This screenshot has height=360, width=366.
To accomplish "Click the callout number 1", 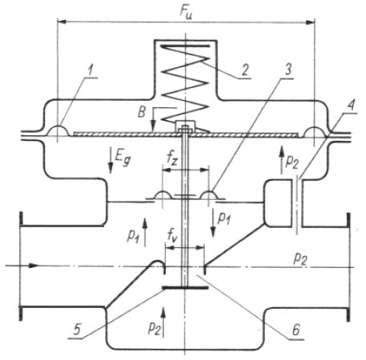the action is coord(90,70).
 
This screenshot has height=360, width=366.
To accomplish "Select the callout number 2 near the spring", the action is coord(244,70).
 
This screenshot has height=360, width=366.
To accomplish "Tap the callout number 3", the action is coord(288,70).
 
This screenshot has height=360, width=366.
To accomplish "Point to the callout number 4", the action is coord(352,106).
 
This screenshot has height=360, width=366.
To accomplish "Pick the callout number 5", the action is coord(77,330).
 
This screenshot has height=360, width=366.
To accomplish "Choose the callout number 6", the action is coord(296,330).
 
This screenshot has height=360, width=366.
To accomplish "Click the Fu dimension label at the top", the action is coord(186,12).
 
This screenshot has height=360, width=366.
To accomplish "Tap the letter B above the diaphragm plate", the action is coord(142,112).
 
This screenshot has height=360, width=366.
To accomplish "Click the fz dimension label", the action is coord(172,158).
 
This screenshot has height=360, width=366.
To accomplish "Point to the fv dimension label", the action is coord(172,235).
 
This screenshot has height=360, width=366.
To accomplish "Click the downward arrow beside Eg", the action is coord(111,160).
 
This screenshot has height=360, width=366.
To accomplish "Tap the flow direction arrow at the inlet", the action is coord(22,266).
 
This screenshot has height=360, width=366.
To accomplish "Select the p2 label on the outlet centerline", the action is coord(300,258).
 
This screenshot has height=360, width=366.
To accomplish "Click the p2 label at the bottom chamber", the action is coord(155,328).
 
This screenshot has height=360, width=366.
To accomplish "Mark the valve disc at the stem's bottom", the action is coord(185,287).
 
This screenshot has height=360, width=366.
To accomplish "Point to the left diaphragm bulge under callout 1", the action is coord(58,131).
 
